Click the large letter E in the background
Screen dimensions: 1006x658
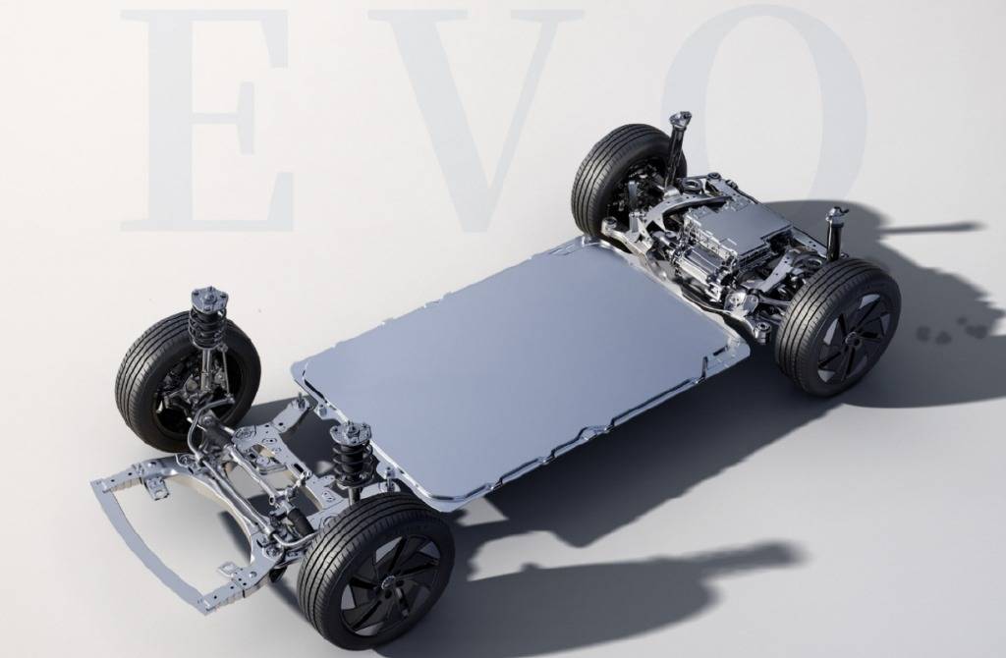coord(206,121)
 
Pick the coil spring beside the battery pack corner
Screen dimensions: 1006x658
coord(349,459)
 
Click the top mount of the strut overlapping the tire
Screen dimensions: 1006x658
coord(209,298)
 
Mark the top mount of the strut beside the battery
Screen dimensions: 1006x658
coord(351,432)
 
